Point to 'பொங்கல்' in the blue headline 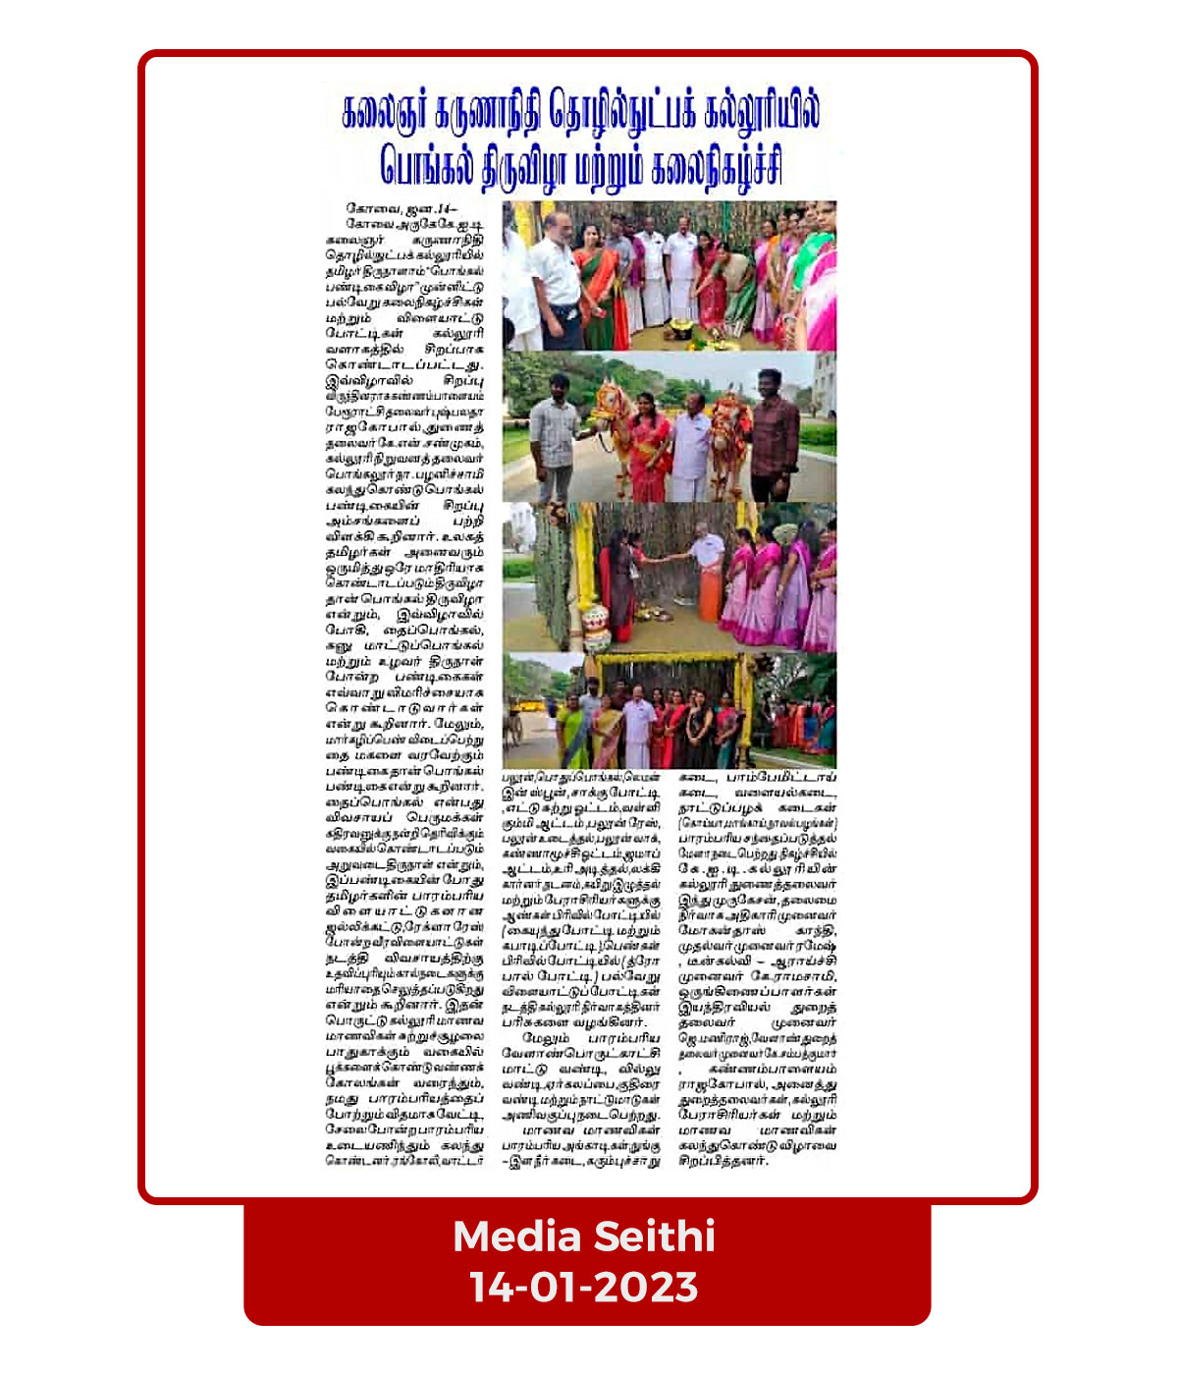click(x=428, y=165)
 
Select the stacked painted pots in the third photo click(x=596, y=626)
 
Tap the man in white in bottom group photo click(x=638, y=727)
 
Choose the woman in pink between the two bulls click(x=650, y=447)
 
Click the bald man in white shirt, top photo click(x=555, y=280)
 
